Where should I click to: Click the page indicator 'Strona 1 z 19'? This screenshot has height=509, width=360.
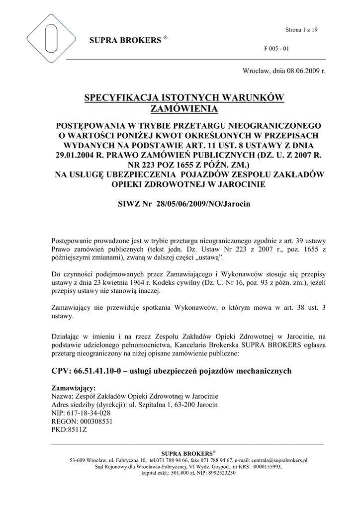pyautogui.click(x=301, y=30)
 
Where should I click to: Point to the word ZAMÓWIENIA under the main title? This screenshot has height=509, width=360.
pyautogui.click(x=184, y=108)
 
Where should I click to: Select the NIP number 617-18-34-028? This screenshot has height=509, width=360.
pyautogui.click(x=88, y=413)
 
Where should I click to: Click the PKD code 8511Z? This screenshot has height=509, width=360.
pyautogui.click(x=76, y=429)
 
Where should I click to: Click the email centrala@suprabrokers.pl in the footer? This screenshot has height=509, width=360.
pyautogui.click(x=276, y=461)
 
